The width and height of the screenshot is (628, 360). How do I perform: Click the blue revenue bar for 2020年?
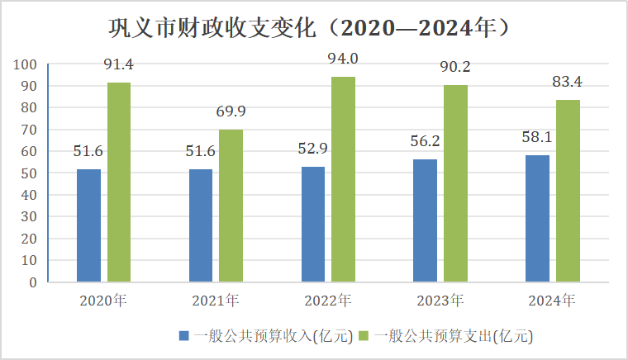pos(88,225)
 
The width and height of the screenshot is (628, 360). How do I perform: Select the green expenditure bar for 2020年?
pos(119,182)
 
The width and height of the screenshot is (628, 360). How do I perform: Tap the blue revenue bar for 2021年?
pos(201,225)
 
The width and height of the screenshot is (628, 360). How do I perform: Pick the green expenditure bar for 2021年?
pos(231,206)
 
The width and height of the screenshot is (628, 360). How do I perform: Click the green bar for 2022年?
pos(343,179)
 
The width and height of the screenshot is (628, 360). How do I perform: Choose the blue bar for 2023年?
pos(426,220)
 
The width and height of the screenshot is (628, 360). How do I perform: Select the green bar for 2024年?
pos(568,191)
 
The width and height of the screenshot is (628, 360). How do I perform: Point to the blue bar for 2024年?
pos(538,218)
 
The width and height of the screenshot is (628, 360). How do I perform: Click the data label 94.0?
pos(343,59)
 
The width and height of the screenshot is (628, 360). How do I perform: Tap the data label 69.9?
pos(231,111)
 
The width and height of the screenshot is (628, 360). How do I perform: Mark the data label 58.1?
pos(537,137)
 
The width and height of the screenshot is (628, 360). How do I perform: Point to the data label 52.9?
pos(313,149)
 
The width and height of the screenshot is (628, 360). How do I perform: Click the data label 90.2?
pos(455,67)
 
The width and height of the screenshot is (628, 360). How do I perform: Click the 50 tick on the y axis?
pos(31,173)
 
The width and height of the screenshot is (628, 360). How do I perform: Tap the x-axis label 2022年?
pos(328,300)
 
